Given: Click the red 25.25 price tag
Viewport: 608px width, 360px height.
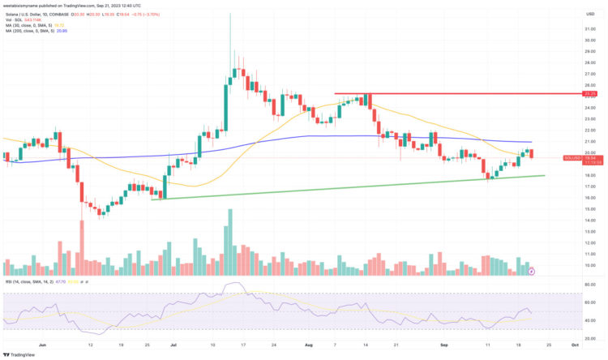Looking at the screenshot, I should point(590,94).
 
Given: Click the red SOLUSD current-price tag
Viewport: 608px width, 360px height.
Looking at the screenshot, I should point(590,157).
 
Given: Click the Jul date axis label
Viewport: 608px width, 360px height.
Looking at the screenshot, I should point(173,344).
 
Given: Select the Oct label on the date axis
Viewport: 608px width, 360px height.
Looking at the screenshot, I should point(574,344).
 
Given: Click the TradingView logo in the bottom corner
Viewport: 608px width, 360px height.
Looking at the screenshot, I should point(21,354).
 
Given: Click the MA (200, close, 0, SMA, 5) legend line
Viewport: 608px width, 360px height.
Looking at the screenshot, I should point(39,30).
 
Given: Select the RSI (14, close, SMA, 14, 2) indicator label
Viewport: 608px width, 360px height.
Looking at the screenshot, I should point(32,281).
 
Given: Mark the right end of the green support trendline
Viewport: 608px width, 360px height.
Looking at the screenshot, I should point(544,175).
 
